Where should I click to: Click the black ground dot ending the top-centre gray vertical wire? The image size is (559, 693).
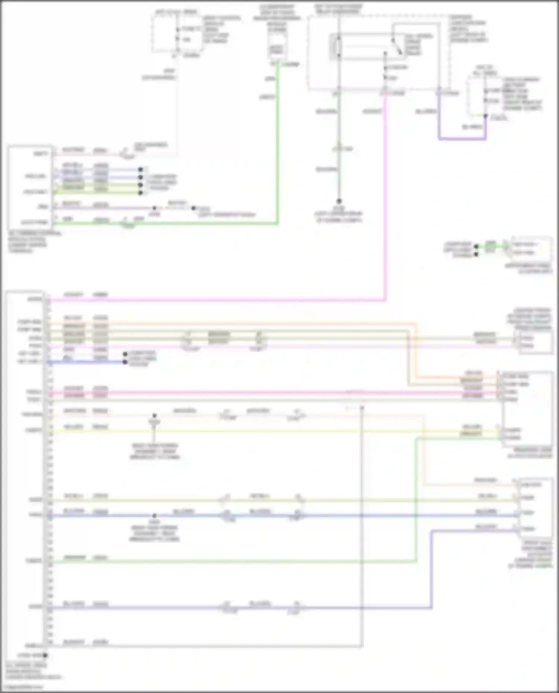coord(339,201)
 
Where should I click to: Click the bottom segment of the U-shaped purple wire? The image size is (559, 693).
coord(462,139)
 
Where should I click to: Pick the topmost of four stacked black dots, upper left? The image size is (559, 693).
coord(140,169)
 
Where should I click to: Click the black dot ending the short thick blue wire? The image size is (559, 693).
coord(125,362)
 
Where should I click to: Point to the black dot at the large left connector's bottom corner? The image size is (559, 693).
coord(45,655)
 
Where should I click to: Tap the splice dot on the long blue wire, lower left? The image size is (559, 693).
coord(154,516)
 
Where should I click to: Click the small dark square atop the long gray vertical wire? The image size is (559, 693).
coord(361,408)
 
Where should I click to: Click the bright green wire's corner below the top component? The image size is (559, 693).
coord(277,223)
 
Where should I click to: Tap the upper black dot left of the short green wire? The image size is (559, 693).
coord(476,247)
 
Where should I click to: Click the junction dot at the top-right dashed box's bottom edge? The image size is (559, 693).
coord(485,116)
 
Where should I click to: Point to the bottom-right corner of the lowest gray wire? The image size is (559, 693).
coord(361,646)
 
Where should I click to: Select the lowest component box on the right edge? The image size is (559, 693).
coord(535,506)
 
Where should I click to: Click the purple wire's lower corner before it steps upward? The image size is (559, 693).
coord(431,608)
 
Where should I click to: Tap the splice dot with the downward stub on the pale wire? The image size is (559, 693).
coord(154,416)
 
